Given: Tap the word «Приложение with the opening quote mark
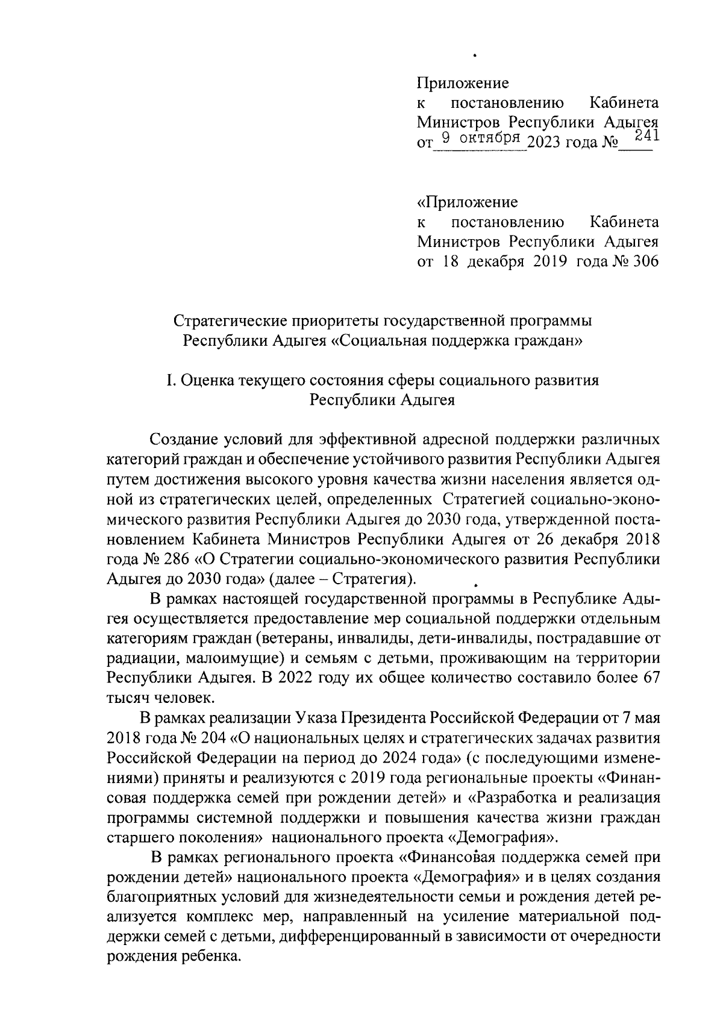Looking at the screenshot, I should (467, 202).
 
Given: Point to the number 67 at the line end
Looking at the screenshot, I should (649, 677).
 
